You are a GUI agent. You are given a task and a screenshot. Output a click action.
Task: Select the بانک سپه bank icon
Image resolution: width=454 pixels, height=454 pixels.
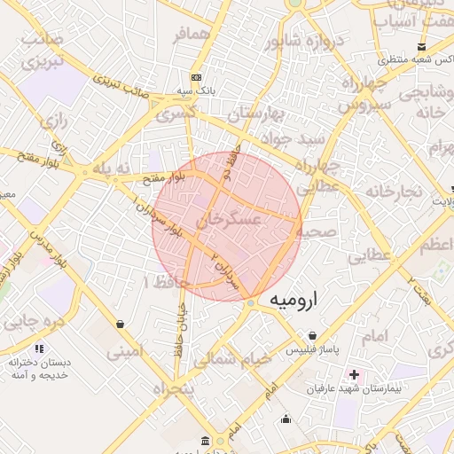[x=196, y=77]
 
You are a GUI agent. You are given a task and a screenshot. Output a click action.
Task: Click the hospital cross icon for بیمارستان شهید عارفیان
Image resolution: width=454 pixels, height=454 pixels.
[x=356, y=375]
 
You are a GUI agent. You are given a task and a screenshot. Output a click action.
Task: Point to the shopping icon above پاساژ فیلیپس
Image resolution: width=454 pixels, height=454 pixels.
[x=312, y=336]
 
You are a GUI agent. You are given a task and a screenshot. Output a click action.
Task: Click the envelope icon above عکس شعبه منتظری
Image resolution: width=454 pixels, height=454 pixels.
[x=420, y=46]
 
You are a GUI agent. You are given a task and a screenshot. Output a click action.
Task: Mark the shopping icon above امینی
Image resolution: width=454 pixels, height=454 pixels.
[x=120, y=324]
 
